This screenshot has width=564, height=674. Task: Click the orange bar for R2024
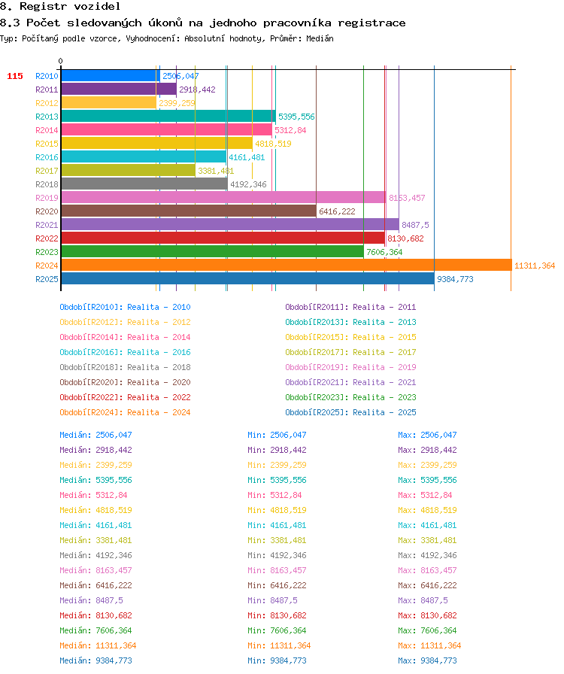click(287, 266)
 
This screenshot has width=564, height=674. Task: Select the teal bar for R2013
click(168, 116)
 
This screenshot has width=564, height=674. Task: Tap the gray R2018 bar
click(144, 184)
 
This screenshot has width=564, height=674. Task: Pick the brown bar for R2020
click(189, 211)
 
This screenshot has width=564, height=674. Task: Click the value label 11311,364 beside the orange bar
click(535, 266)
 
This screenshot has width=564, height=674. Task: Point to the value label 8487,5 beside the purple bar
click(415, 225)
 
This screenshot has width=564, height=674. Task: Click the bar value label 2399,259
click(177, 103)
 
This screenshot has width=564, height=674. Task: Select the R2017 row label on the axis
click(47, 171)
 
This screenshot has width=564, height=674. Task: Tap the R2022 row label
click(47, 238)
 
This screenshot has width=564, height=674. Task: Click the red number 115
click(14, 76)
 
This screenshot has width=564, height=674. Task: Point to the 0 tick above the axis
click(61, 61)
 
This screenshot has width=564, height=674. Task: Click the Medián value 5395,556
click(114, 480)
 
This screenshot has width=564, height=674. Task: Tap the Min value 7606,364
click(288, 630)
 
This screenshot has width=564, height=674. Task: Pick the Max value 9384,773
click(438, 660)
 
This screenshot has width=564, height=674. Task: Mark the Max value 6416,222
click(438, 585)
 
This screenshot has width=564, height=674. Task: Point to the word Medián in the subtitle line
click(320, 38)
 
